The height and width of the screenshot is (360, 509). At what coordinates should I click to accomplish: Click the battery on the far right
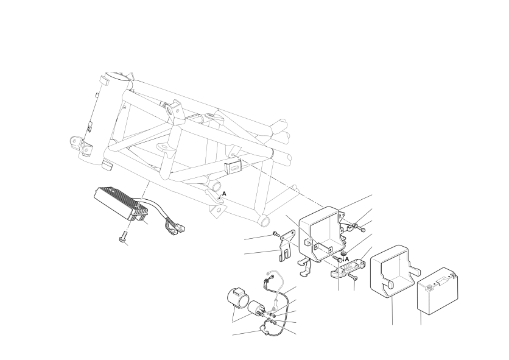click(x=437, y=291)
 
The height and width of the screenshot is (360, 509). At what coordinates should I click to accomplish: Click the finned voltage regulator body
click(x=121, y=203)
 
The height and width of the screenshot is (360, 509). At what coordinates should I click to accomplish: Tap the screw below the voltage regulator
click(x=123, y=236)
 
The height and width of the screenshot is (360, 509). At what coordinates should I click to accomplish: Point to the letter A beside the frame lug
click(x=224, y=194)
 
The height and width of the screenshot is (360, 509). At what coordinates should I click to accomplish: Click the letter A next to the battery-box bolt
click(x=346, y=259)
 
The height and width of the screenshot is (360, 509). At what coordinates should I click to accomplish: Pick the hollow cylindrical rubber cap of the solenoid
click(x=237, y=298)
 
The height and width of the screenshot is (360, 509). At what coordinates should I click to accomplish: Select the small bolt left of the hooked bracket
click(x=276, y=234)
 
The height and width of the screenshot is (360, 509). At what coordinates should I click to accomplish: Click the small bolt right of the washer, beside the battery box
click(x=362, y=230)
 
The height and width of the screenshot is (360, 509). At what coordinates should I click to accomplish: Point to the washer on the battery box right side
click(x=355, y=225)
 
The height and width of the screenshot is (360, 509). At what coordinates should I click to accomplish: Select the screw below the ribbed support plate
click(x=353, y=277)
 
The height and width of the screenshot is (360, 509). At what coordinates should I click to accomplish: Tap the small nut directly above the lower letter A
click(x=344, y=253)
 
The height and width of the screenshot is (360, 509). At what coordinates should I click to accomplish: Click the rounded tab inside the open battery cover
click(x=388, y=284)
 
